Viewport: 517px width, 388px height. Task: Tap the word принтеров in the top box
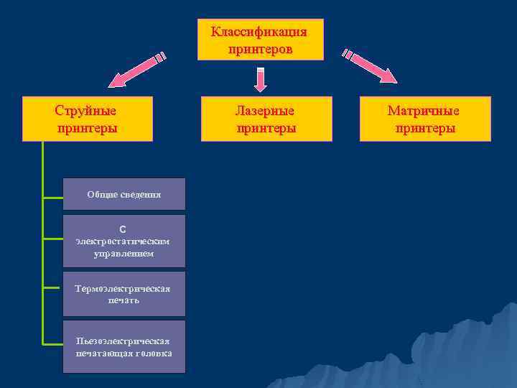coord(260,49)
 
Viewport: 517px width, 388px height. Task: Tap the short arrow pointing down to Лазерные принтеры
coord(261,79)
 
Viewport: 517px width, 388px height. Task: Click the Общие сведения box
coord(124,194)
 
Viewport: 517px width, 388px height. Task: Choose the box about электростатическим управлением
coord(124,241)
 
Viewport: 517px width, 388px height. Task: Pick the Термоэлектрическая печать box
coord(124,294)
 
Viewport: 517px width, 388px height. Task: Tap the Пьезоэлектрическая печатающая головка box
coord(124,346)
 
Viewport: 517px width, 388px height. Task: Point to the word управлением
coord(124,254)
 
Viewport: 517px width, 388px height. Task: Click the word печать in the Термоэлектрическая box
coord(124,300)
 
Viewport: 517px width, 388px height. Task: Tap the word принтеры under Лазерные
coord(266,128)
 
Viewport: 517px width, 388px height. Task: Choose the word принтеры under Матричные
coord(424,128)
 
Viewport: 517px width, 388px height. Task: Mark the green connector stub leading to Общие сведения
coord(52,195)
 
